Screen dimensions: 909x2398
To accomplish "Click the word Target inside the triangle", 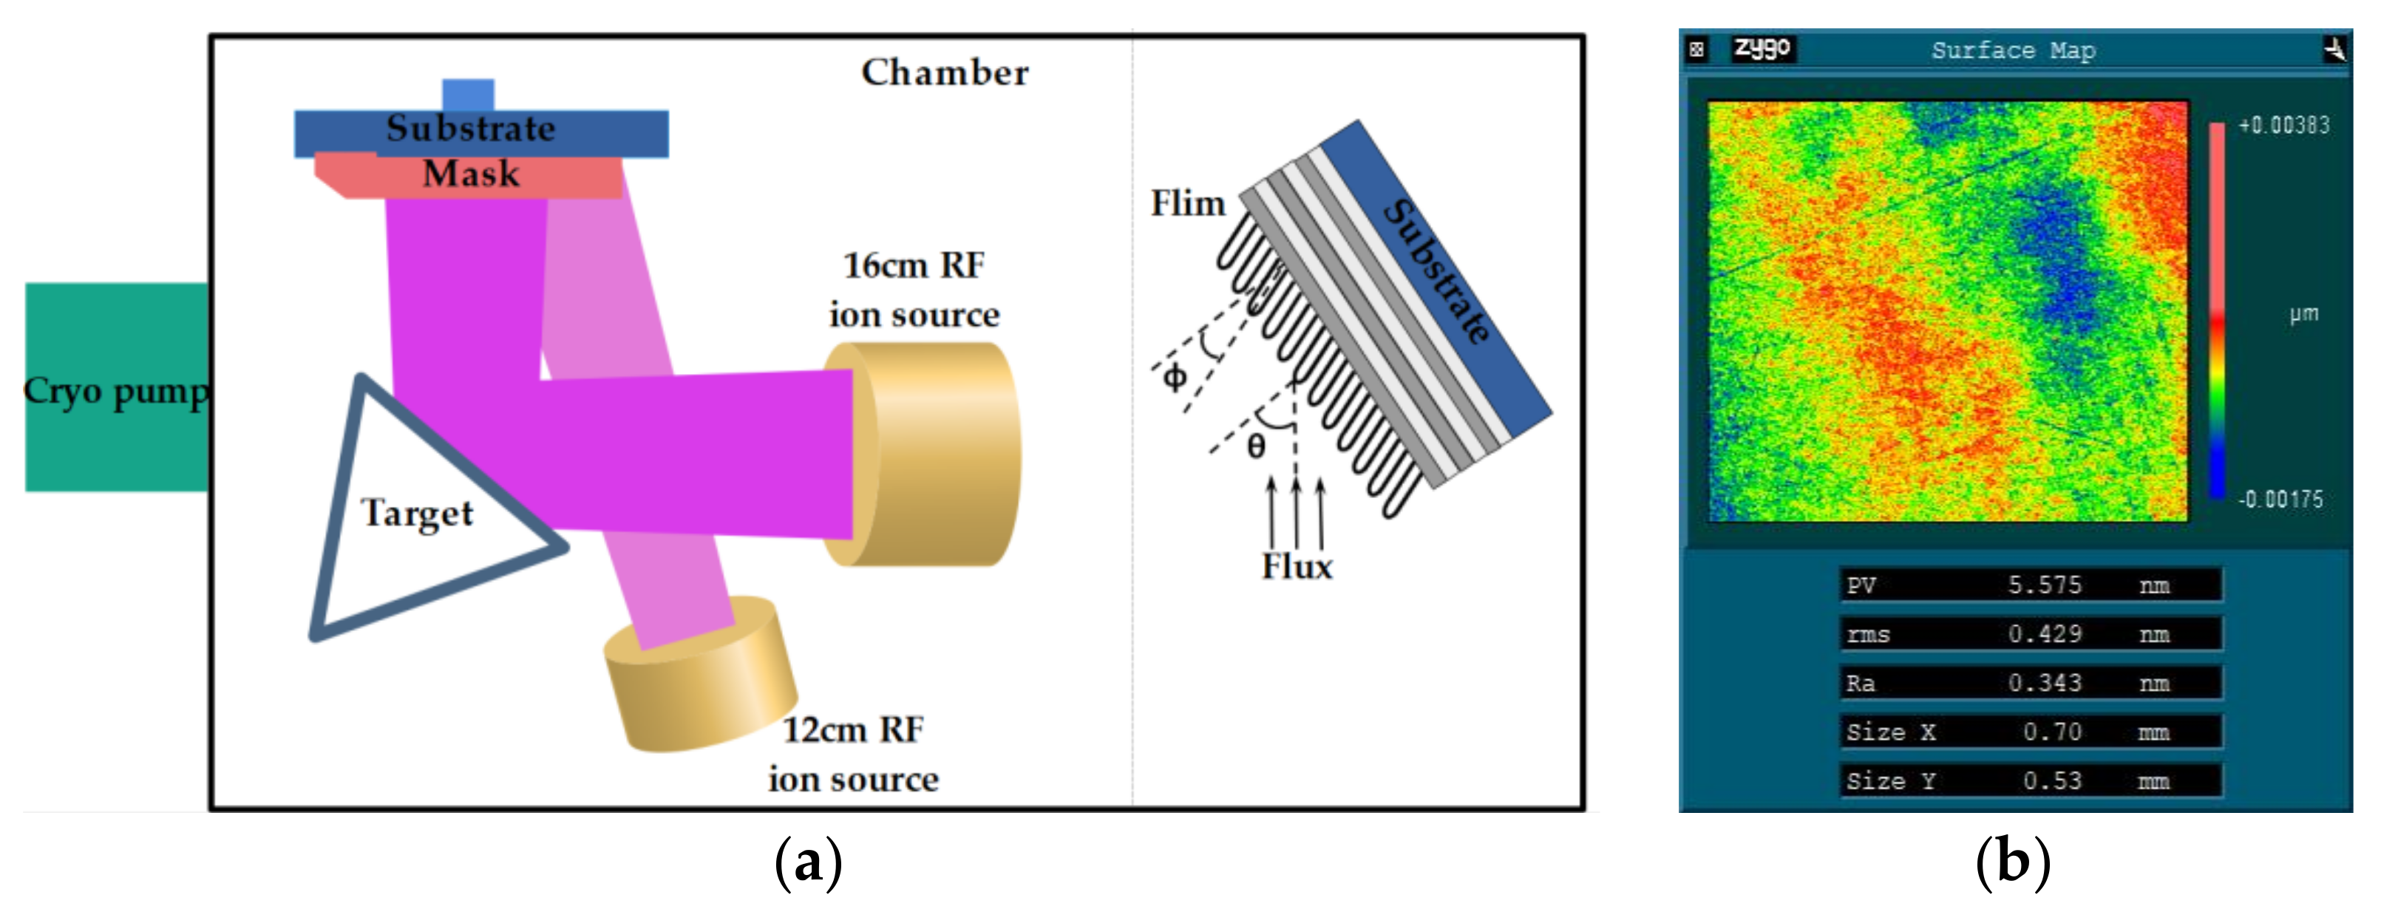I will [417, 514].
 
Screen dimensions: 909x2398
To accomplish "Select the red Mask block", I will [471, 176].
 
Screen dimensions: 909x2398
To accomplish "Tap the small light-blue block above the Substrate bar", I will [468, 95].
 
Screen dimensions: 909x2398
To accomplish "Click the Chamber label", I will [945, 73].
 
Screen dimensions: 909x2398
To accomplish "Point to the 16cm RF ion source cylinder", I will [931, 455].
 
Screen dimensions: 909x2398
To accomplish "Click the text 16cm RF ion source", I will [914, 290].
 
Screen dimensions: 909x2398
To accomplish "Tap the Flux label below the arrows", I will [1297, 568].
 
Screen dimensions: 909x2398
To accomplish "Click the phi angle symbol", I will [1175, 377].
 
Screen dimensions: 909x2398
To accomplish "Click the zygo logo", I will [1762, 48].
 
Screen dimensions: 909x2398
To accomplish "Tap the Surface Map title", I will [2013, 50].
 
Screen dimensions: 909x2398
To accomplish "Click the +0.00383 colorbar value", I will [2283, 126].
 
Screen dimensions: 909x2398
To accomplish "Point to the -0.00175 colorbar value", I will [2280, 500].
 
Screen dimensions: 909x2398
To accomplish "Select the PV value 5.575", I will [2044, 585].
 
